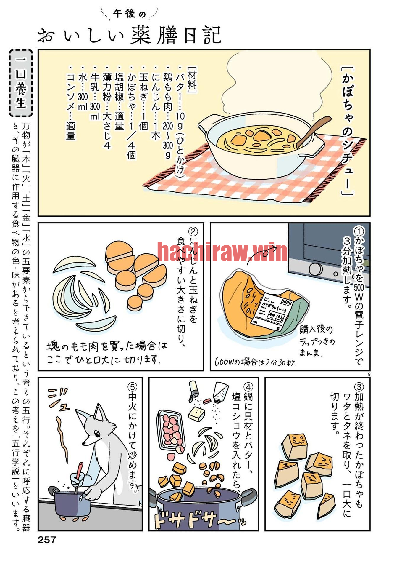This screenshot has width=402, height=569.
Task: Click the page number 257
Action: (47, 540)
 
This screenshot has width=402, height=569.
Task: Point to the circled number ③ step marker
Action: (359, 387)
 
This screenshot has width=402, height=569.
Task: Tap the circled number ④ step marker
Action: (248, 387)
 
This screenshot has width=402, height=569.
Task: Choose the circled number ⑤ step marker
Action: (132, 387)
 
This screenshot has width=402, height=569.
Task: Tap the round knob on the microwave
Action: (316, 269)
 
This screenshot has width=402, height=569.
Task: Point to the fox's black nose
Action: (84, 444)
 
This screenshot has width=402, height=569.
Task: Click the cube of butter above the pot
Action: (197, 414)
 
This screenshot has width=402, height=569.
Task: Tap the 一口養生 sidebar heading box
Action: (21, 83)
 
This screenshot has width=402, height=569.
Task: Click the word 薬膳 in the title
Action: (154, 35)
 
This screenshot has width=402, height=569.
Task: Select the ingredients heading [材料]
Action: (192, 80)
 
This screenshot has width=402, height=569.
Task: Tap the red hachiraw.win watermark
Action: (222, 252)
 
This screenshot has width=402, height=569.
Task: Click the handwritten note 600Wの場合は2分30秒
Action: (255, 362)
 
